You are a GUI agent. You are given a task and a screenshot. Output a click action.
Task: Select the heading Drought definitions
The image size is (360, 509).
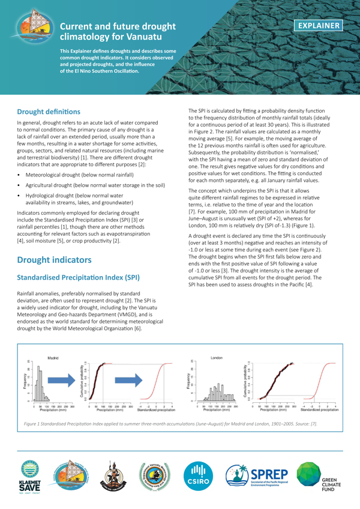[x=53, y=112]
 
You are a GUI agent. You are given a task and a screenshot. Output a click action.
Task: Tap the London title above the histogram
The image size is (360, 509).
[x=218, y=357]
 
